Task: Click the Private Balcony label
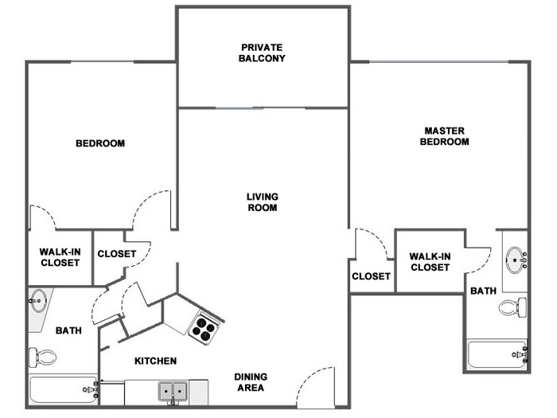pos(262,53)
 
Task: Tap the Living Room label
pos(263,202)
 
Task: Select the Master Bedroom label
pos(444,136)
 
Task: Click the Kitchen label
pos(156,361)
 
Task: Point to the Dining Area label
pos(251,382)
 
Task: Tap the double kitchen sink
pos(173,392)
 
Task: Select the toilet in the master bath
pos(513,307)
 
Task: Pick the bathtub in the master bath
pos(497,355)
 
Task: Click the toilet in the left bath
pos(42,357)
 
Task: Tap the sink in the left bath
pos(37,301)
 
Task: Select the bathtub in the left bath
pos(63,389)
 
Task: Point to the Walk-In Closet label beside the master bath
pos(430,262)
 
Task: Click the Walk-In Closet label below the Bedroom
pos(60,257)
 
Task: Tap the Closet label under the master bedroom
pos(372,276)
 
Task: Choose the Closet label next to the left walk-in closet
pos(117,254)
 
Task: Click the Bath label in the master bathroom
pos(483,291)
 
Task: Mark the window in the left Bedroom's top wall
pos(103,62)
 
